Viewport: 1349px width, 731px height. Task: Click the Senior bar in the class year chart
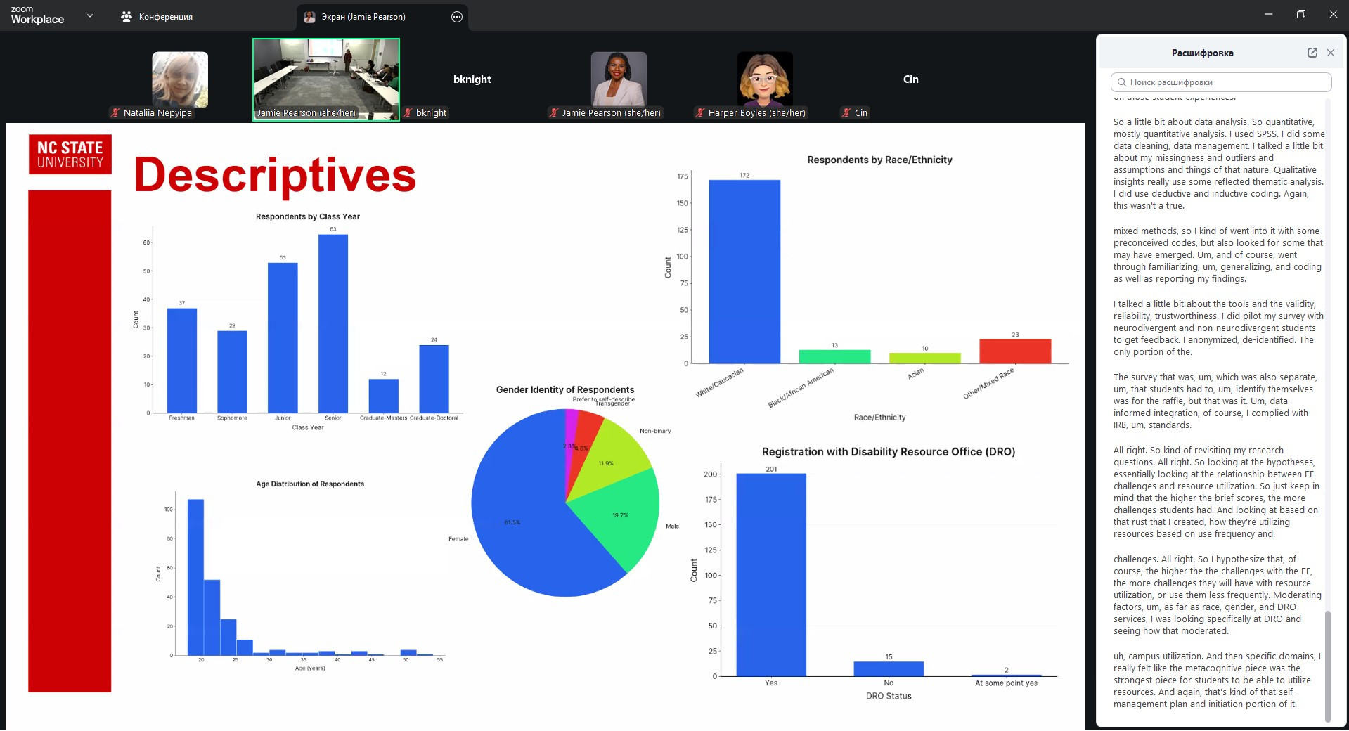tap(333, 323)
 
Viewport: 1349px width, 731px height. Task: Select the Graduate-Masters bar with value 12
tap(383, 396)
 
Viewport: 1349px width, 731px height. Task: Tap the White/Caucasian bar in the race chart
tap(744, 271)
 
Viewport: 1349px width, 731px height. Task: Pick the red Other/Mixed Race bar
tap(1014, 351)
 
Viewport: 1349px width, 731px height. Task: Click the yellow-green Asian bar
tap(924, 358)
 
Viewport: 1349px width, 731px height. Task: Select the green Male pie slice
tap(619, 520)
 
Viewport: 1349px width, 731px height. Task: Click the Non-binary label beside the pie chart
tap(654, 431)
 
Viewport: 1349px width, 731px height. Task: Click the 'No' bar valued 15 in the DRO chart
tap(889, 668)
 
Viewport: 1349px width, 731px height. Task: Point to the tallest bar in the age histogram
tap(195, 576)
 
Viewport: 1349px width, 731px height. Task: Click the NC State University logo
tap(70, 155)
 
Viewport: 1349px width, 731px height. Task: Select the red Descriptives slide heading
tap(275, 175)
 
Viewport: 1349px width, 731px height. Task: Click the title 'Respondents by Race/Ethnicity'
tap(879, 160)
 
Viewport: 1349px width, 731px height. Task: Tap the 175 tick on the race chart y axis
tap(682, 176)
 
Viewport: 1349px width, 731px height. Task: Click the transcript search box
tap(1220, 82)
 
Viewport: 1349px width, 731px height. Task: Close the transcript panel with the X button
tap(1330, 53)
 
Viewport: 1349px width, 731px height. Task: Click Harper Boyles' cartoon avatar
tap(764, 79)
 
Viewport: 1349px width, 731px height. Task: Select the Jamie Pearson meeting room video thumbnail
tap(326, 79)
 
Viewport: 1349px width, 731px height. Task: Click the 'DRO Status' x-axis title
tap(889, 696)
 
